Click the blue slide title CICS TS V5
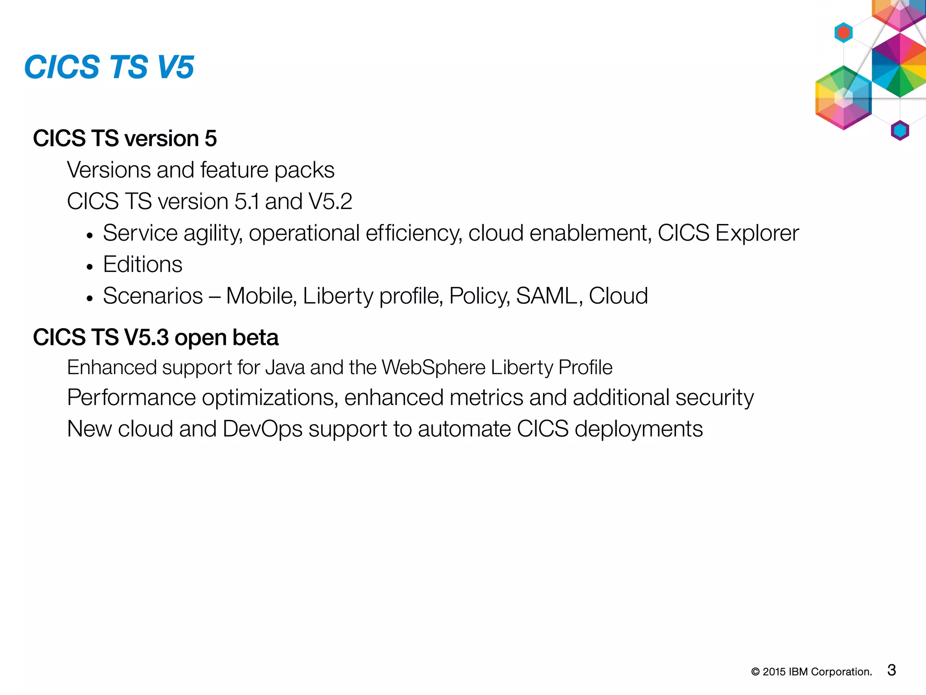coord(109,67)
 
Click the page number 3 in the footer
coord(891,670)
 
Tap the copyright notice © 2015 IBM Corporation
coord(811,672)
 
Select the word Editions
coord(142,264)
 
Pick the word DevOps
coord(262,429)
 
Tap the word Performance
coord(131,398)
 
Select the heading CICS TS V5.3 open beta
coord(156,338)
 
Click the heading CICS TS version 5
coord(125,138)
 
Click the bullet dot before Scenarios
coord(90,299)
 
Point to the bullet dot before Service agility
coord(90,236)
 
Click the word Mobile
coord(261,296)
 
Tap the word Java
coord(285,367)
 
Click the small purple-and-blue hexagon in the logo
coord(900,131)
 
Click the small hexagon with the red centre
coord(843,33)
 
